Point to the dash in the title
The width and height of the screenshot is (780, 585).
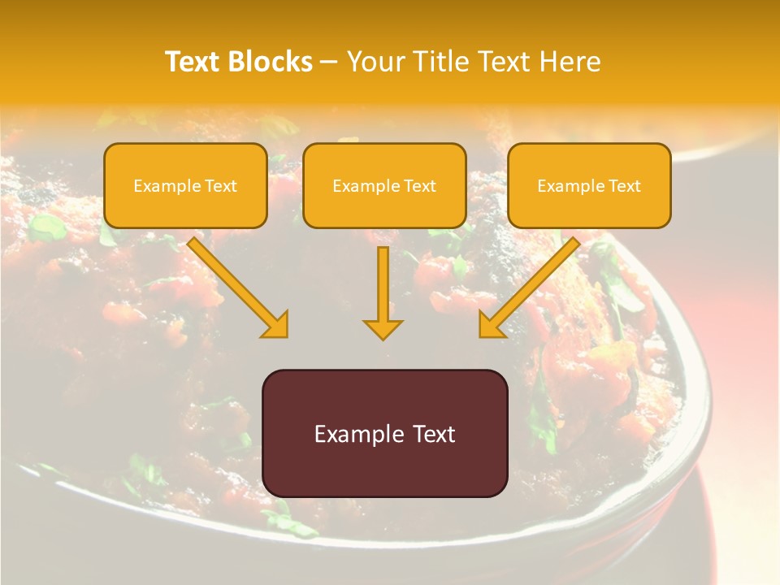329,63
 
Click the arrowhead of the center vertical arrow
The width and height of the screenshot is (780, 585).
383,329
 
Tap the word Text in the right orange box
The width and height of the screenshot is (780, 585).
625,186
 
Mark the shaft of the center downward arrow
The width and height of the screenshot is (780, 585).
383,280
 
